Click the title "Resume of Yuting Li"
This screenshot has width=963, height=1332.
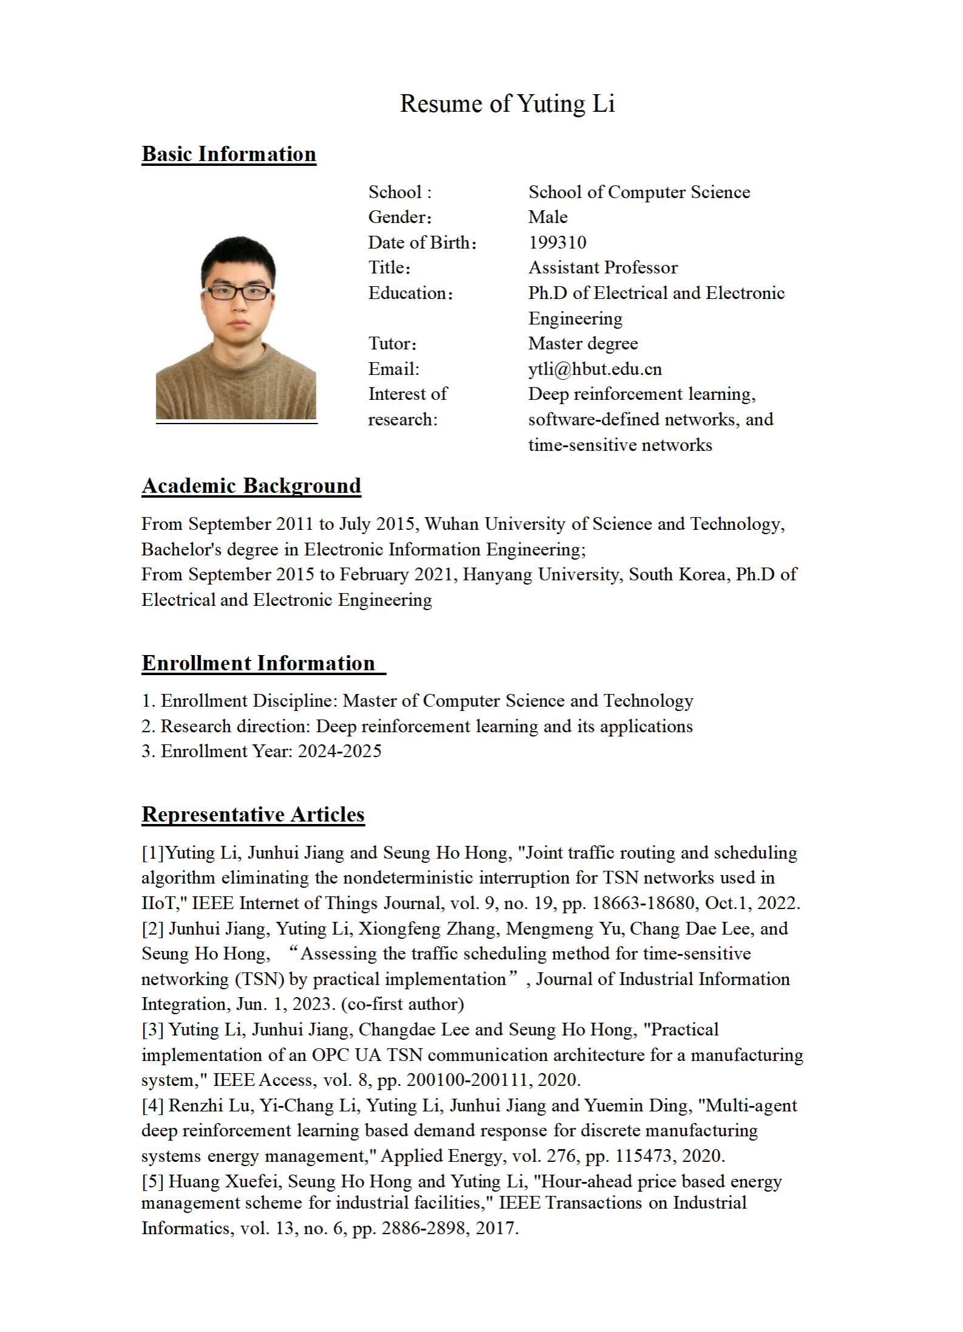[507, 104]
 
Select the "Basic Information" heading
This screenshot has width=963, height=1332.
[229, 154]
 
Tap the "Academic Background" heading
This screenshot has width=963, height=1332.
[251, 486]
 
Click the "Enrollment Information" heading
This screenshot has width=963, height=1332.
[259, 663]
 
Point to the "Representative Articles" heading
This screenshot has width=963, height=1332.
[253, 814]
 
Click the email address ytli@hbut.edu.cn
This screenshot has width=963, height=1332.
[595, 369]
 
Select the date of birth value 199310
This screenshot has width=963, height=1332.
[557, 242]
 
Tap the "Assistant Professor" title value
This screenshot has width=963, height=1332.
[602, 267]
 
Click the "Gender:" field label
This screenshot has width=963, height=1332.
[400, 217]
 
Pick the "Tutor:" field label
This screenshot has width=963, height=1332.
[392, 344]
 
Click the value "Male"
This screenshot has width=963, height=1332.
[548, 217]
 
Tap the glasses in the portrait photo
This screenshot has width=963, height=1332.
[238, 292]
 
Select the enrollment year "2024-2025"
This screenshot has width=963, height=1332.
[339, 751]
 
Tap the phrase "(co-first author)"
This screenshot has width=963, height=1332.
[403, 1004]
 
